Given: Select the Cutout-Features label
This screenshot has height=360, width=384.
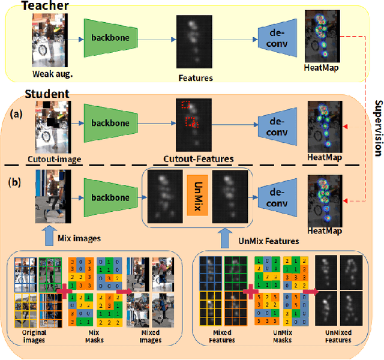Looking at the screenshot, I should click(x=199, y=159).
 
